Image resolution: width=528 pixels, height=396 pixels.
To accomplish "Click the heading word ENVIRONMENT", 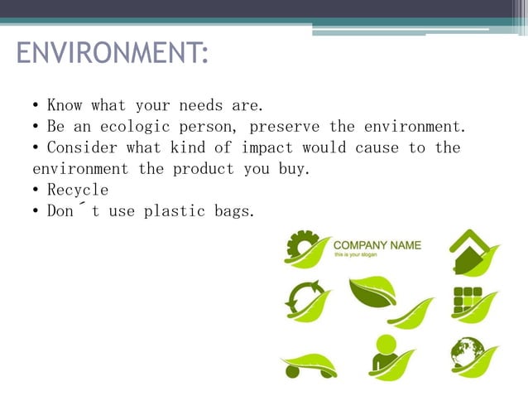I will (x=111, y=55).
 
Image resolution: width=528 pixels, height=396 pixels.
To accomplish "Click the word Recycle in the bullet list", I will (x=78, y=190).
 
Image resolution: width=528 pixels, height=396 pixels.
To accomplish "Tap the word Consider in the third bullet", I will (x=82, y=147).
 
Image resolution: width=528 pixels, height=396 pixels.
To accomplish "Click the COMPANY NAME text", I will (x=377, y=245).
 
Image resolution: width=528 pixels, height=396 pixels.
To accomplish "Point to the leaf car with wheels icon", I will (x=307, y=365).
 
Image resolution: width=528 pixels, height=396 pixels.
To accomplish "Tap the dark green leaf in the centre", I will (x=372, y=291).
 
